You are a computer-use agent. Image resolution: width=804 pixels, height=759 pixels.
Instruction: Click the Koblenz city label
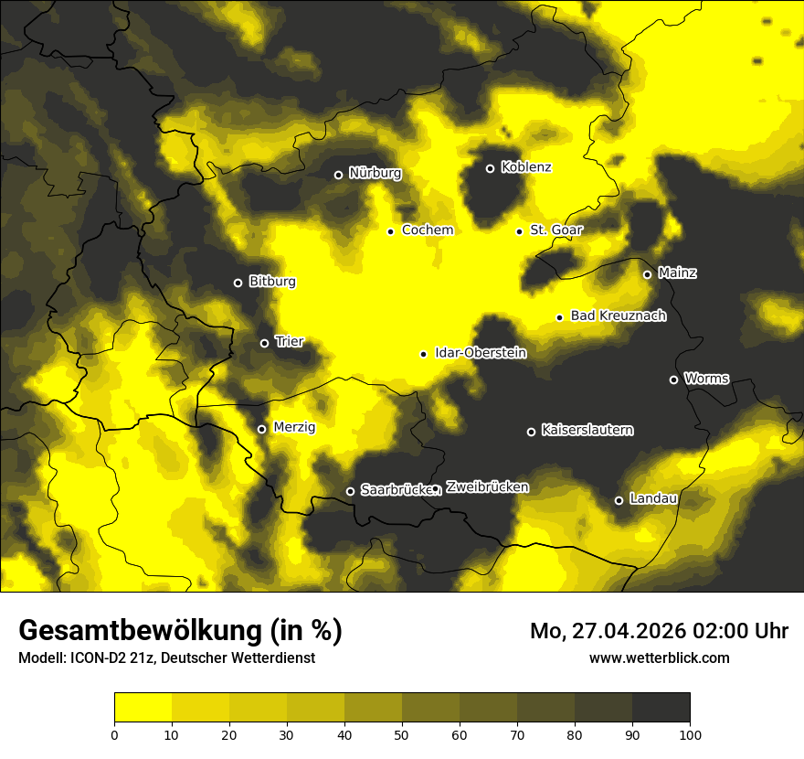point(526,168)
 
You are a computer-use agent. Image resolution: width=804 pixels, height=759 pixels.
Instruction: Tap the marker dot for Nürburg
point(338,175)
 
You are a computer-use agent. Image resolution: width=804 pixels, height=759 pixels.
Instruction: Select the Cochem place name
point(428,230)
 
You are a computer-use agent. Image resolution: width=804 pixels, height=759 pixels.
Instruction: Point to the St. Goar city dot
point(519,231)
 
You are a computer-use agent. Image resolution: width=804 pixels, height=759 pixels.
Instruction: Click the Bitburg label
point(272,282)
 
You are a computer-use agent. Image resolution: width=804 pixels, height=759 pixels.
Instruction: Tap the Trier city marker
point(265,343)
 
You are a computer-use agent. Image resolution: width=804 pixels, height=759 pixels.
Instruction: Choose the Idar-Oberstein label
point(481,353)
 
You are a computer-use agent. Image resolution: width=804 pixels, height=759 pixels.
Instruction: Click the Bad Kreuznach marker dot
point(559,317)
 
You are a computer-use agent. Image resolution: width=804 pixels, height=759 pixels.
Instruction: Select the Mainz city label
point(677,273)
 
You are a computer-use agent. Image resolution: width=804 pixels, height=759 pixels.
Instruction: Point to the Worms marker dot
point(673,379)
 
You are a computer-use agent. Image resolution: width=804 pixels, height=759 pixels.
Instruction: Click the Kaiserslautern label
point(587,430)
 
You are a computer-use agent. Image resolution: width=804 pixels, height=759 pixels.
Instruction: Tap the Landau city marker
point(619,500)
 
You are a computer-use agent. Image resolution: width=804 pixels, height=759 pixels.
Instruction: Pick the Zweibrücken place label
point(487,487)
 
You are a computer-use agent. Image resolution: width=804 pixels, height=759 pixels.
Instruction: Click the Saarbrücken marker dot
point(350,491)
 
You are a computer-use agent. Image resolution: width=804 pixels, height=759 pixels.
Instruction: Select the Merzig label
point(294,427)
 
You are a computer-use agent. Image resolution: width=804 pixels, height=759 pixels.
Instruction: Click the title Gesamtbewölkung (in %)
point(180,631)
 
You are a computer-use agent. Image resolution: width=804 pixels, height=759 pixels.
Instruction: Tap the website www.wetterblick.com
point(660,657)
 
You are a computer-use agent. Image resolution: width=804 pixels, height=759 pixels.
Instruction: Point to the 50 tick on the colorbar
point(402,733)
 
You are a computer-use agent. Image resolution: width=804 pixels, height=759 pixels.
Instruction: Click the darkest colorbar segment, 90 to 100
point(661,707)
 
